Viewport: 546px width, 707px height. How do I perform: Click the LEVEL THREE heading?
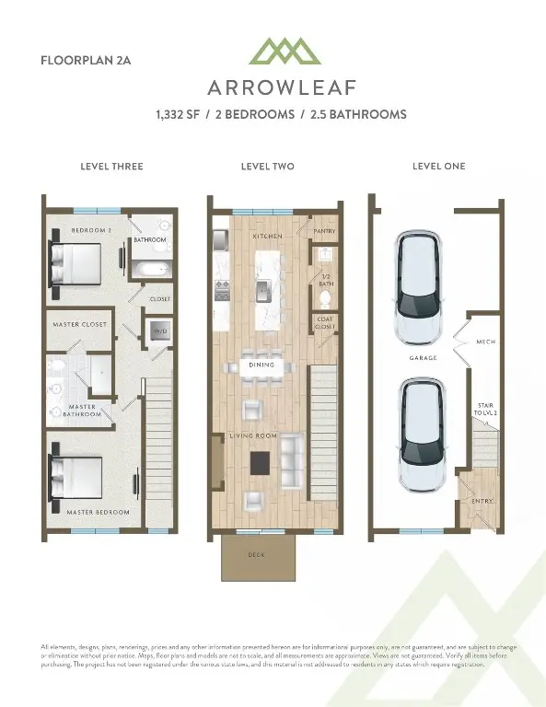coord(112,167)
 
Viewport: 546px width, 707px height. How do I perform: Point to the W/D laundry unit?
coord(159,331)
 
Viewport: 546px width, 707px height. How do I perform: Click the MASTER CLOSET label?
coord(82,325)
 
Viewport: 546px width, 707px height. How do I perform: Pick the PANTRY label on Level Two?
coord(324,231)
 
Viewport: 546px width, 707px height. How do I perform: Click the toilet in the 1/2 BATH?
coord(322,259)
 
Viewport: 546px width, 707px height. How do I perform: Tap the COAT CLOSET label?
coord(324,323)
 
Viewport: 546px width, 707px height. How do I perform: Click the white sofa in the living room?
coord(291,462)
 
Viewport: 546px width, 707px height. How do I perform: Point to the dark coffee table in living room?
coord(261,461)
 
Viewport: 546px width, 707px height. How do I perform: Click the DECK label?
coord(257,555)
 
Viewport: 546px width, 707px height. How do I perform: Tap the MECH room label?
coord(485,342)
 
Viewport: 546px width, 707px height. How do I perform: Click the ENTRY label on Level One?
coord(482,501)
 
